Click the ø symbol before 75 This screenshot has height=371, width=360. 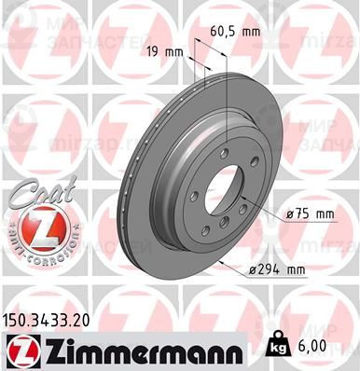click(289, 214)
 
